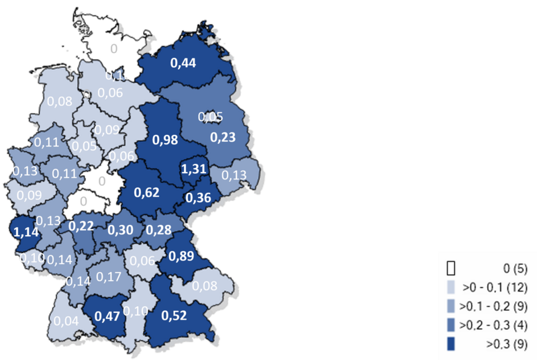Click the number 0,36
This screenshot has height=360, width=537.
click(199, 198)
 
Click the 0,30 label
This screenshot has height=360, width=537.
click(121, 230)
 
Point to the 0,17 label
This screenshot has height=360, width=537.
click(109, 275)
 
